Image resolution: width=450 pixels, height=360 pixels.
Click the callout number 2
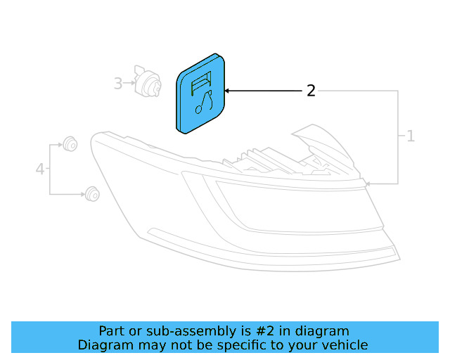pyautogui.click(x=311, y=91)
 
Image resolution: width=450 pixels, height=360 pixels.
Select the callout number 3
pyautogui.click(x=118, y=84)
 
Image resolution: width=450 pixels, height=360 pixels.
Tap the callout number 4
pyautogui.click(x=40, y=169)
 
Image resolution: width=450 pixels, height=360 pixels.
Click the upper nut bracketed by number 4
pyautogui.click(x=70, y=145)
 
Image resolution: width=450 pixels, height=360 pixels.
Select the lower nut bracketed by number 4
pyautogui.click(x=91, y=193)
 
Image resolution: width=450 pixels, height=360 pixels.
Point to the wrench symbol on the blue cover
pyautogui.click(x=204, y=103)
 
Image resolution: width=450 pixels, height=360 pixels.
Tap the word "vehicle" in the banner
pyautogui.click(x=344, y=345)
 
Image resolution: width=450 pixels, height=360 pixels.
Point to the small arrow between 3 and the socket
pyautogui.click(x=130, y=84)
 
